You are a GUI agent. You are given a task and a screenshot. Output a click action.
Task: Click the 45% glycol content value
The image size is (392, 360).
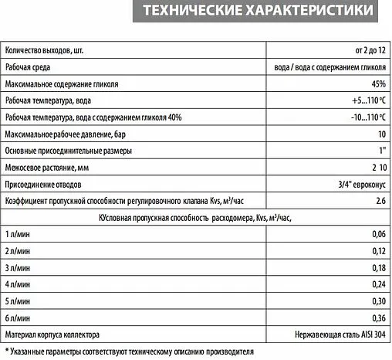click(x=378, y=83)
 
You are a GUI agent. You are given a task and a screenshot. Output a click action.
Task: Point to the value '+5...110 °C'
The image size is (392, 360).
click(x=365, y=100)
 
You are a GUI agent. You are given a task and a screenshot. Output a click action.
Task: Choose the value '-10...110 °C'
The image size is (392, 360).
click(x=363, y=117)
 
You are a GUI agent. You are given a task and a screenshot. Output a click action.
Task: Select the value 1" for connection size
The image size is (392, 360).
click(x=381, y=150)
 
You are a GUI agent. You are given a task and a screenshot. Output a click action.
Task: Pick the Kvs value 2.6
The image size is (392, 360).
click(x=380, y=200)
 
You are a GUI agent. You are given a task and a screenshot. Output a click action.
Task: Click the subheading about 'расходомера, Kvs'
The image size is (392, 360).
click(x=194, y=217)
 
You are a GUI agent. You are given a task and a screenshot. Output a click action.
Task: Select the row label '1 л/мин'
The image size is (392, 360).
click(x=18, y=233)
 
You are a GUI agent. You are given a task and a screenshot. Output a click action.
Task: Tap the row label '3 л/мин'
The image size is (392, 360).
click(x=18, y=267)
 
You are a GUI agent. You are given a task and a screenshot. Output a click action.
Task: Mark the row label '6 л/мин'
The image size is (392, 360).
click(x=18, y=317)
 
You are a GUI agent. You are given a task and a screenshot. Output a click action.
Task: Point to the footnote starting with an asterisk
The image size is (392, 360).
click(x=129, y=351)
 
